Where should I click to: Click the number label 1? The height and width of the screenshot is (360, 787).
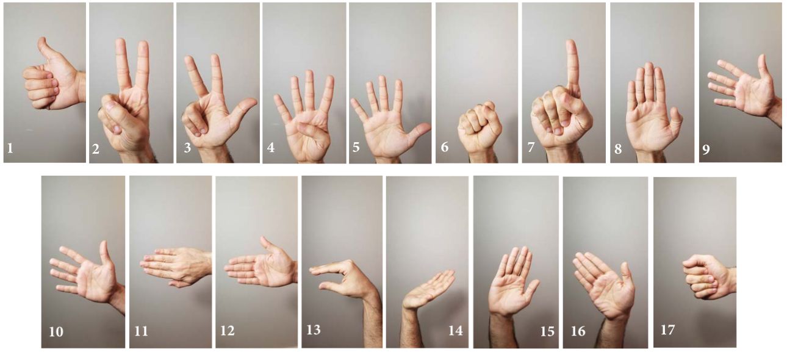(x=10, y=148)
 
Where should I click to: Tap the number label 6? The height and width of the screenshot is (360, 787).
(x=445, y=147)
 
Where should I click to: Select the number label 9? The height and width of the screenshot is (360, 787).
(x=706, y=149)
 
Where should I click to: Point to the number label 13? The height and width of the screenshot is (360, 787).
(x=314, y=329)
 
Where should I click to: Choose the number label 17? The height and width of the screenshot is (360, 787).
(x=667, y=329)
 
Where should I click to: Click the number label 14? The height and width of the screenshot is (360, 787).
(x=455, y=331)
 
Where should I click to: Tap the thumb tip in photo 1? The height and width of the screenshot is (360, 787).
(x=43, y=40)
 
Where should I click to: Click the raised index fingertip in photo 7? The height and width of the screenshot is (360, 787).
(x=572, y=43)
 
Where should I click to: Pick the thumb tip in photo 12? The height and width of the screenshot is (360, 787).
(x=264, y=239)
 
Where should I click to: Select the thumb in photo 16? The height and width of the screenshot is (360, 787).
(x=627, y=278)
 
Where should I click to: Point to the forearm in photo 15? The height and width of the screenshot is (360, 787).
(x=503, y=331)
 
